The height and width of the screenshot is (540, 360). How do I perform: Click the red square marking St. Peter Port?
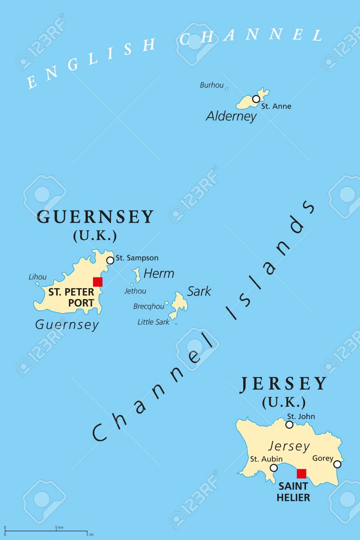point(98,282)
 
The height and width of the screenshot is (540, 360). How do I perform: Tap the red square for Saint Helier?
point(301,474)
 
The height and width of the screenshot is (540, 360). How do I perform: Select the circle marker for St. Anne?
point(256,99)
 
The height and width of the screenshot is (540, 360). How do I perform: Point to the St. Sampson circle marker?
point(110,260)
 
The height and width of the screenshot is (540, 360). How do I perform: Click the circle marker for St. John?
point(289,425)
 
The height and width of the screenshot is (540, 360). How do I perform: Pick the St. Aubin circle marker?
point(274,468)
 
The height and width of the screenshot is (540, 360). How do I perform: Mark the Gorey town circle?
point(337,464)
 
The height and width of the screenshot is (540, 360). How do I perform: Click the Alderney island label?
point(231,116)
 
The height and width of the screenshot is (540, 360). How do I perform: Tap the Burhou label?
point(212,85)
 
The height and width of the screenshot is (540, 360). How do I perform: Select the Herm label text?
point(159,273)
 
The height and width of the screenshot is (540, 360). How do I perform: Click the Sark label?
point(199,291)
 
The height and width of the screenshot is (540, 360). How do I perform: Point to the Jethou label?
point(135,291)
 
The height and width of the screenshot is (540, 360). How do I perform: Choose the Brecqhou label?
point(148,307)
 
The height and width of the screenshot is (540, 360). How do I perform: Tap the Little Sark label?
point(153,322)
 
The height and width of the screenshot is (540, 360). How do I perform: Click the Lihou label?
point(37,277)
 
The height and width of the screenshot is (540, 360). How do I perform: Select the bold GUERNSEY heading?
point(96,217)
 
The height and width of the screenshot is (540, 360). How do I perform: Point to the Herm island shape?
point(136,274)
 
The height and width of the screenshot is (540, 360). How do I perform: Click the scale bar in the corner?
point(46,530)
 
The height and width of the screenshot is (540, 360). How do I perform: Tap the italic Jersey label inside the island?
point(289,447)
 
